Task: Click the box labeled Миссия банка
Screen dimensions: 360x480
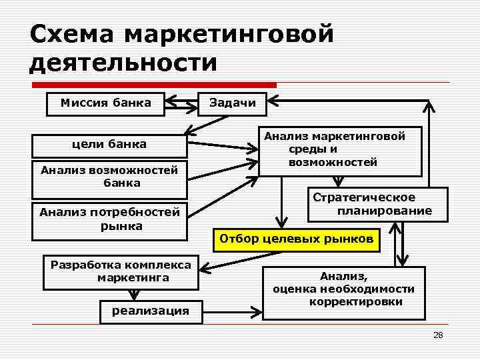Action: coord(105,103)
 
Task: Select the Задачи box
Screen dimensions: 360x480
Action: coord(232,103)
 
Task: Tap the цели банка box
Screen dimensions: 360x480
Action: coord(109,145)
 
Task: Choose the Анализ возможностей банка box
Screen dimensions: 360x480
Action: coord(109,177)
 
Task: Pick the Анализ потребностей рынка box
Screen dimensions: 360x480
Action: coord(109,219)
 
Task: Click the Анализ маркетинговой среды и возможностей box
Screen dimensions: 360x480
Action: coord(340,151)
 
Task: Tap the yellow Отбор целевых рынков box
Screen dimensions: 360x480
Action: coord(296,239)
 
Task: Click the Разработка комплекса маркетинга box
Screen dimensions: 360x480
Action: coord(121,271)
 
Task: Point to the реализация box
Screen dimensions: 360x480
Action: coord(151,311)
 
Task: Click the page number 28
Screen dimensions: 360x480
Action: coord(437,335)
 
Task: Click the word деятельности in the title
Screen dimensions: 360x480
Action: coord(124,63)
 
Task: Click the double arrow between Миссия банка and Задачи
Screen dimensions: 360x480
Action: coord(181,103)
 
